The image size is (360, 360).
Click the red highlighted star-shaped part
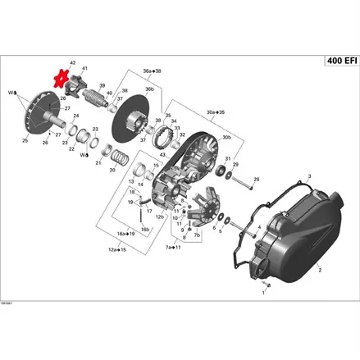[x=59, y=80]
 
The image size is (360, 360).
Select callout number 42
[x=72, y=62]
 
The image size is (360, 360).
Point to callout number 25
[x=24, y=141]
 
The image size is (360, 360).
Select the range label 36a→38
[x=152, y=71]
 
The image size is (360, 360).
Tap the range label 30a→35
[x=216, y=112]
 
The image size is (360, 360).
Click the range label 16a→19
[x=126, y=234]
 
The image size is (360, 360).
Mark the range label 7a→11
[x=173, y=246]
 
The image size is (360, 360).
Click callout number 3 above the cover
[x=311, y=175]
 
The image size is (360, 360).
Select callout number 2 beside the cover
[x=320, y=268]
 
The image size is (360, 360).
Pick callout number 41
[x=84, y=67]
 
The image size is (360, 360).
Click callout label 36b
[x=149, y=88]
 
